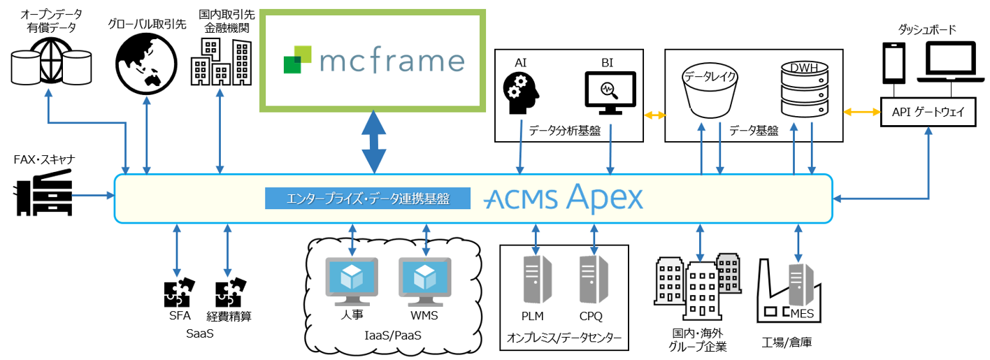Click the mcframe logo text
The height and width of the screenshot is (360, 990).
tap(392, 60)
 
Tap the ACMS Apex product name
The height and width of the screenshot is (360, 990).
tap(563, 199)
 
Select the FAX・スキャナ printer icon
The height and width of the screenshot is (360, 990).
tap(43, 195)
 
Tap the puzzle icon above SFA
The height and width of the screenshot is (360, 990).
tap(179, 294)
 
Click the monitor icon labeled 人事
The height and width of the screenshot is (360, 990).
tap(351, 280)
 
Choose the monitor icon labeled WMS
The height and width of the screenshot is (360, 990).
tap(424, 280)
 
